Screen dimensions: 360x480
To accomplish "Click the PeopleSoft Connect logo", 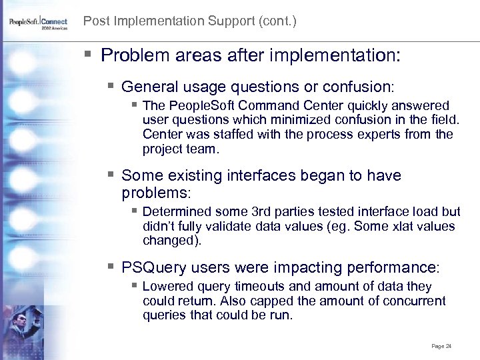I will (38, 23).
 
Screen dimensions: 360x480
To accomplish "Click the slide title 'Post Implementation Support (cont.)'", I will (189, 21).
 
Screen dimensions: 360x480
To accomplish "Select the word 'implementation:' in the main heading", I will (343, 55).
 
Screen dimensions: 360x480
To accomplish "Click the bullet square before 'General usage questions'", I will (111, 87).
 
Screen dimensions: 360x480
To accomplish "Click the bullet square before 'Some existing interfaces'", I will (111, 175).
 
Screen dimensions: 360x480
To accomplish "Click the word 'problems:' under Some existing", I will (156, 193).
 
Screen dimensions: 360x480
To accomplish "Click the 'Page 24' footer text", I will (441, 346).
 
